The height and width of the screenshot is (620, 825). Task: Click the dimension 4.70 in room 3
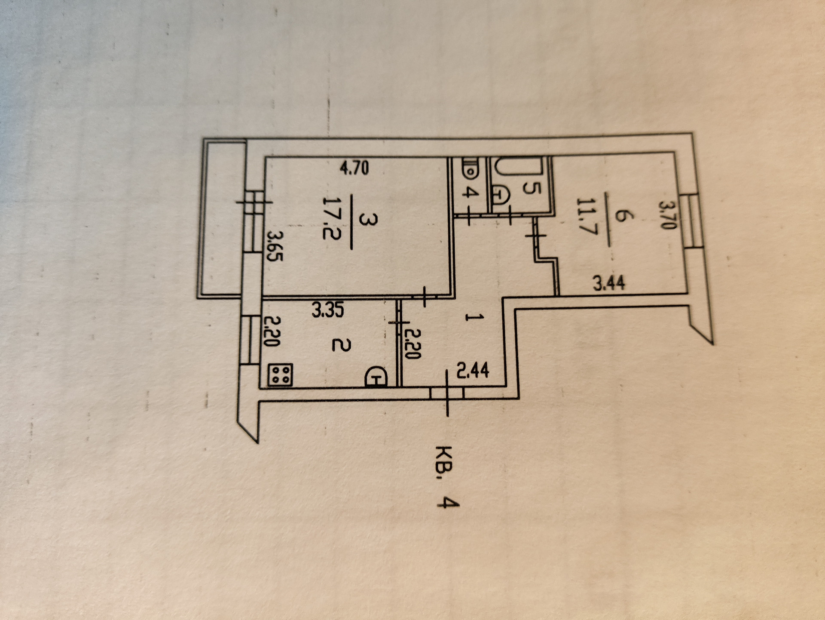pyautogui.click(x=354, y=168)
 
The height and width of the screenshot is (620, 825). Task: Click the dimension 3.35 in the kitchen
pyautogui.click(x=328, y=310)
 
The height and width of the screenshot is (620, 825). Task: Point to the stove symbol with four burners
pyautogui.click(x=281, y=374)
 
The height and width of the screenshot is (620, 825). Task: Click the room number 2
pyautogui.click(x=342, y=345)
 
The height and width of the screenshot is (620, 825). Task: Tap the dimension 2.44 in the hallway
pyautogui.click(x=473, y=370)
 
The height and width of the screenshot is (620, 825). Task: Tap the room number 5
pyautogui.click(x=532, y=188)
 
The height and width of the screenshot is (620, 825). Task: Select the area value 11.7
pyautogui.click(x=587, y=216)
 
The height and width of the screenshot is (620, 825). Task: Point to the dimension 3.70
pyautogui.click(x=669, y=215)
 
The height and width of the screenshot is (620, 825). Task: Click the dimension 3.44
pyautogui.click(x=609, y=283)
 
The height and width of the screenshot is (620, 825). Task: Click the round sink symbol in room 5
pyautogui.click(x=500, y=196)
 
